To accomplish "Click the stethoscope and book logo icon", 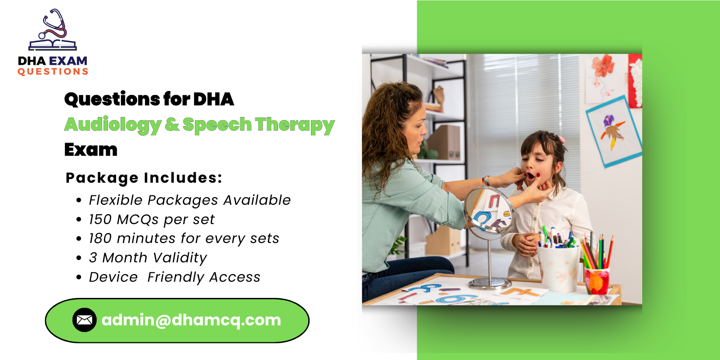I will click(x=53, y=31).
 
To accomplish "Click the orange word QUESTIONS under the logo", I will click(x=53, y=72).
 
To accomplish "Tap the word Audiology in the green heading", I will click(x=112, y=125).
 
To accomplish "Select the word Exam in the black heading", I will click(x=91, y=149).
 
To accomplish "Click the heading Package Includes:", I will click(x=144, y=178).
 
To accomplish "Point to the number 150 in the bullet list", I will click(x=100, y=219).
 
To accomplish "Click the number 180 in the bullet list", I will click(x=100, y=238).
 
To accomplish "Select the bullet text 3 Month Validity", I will click(x=148, y=257).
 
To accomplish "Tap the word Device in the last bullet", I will click(x=113, y=277).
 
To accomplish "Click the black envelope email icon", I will click(x=85, y=320).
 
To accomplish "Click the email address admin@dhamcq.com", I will click(x=191, y=320).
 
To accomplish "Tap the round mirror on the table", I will click(x=488, y=211).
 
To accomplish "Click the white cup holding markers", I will click(x=558, y=268).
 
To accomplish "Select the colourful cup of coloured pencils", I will click(x=597, y=280).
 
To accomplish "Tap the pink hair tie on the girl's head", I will click(x=561, y=139).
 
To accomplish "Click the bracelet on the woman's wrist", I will click(x=486, y=181).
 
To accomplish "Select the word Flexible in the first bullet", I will click(x=115, y=200).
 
